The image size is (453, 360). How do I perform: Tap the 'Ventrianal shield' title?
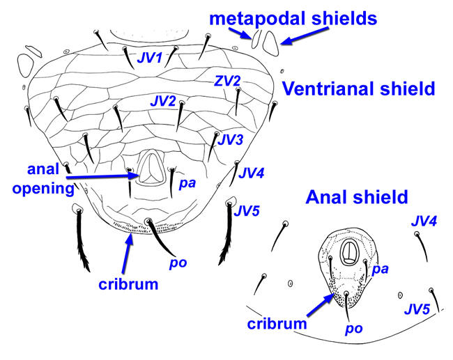pyautogui.click(x=358, y=88)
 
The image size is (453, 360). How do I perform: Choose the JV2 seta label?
pyautogui.click(x=162, y=102)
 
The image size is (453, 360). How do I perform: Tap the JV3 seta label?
pyautogui.click(x=230, y=140)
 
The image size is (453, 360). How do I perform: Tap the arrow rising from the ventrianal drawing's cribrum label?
pyautogui.click(x=127, y=253)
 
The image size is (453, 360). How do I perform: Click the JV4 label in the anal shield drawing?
pyautogui.click(x=424, y=221)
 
